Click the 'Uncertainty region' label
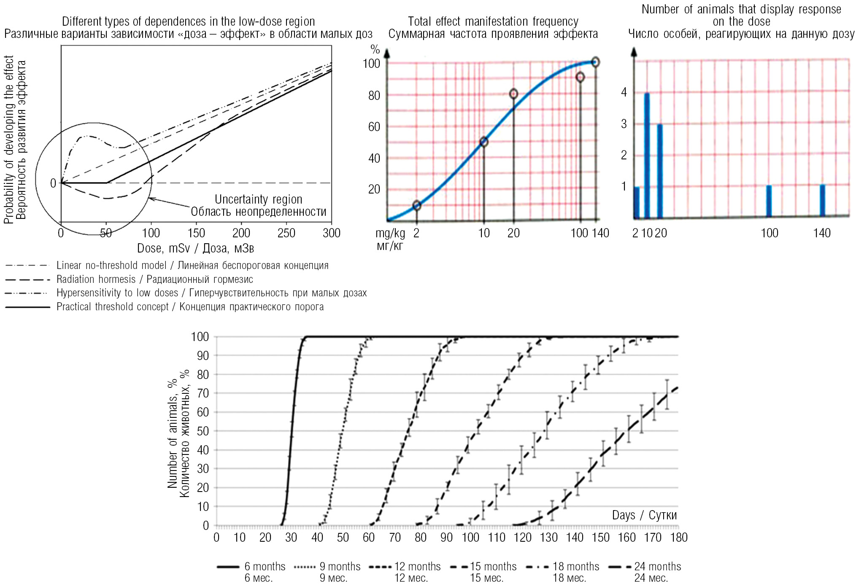coord(258,199)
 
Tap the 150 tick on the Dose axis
coord(196,233)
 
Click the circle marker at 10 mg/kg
coord(484,142)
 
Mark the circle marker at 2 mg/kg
coord(417,205)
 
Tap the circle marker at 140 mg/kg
coord(595,62)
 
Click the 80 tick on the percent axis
coord(374,96)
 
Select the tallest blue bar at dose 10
coord(647,155)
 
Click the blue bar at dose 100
coord(769,201)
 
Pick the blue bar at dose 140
coord(822,201)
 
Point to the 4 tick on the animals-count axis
coord(624,92)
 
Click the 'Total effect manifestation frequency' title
coord(493,22)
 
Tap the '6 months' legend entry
coord(265,566)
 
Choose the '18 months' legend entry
coord(575,566)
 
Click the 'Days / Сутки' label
coord(644,515)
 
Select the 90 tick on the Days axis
coord(446,538)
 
